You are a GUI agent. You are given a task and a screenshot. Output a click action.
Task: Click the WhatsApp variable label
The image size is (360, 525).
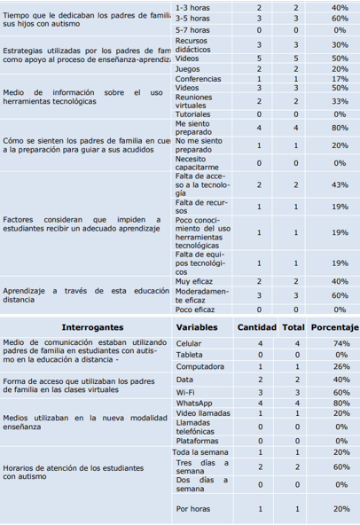click(x=193, y=402)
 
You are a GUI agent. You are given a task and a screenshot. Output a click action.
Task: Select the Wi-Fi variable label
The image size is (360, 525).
click(x=185, y=390)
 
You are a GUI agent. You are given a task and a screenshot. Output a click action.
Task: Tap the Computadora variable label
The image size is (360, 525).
click(x=199, y=365)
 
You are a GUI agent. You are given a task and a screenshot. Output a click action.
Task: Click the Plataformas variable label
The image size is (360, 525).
click(x=197, y=440)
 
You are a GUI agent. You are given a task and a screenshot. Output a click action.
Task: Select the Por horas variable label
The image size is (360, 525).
click(x=192, y=508)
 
